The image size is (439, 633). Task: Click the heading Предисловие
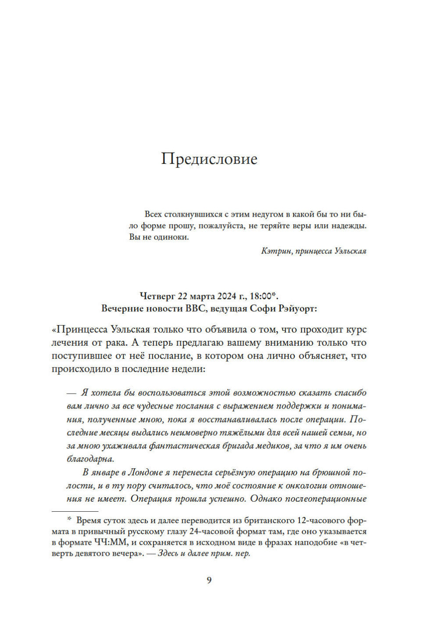(x=209, y=159)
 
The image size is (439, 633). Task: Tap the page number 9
(x=209, y=580)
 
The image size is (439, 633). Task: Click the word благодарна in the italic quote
(x=90, y=459)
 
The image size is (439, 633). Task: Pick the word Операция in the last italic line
(x=151, y=499)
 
